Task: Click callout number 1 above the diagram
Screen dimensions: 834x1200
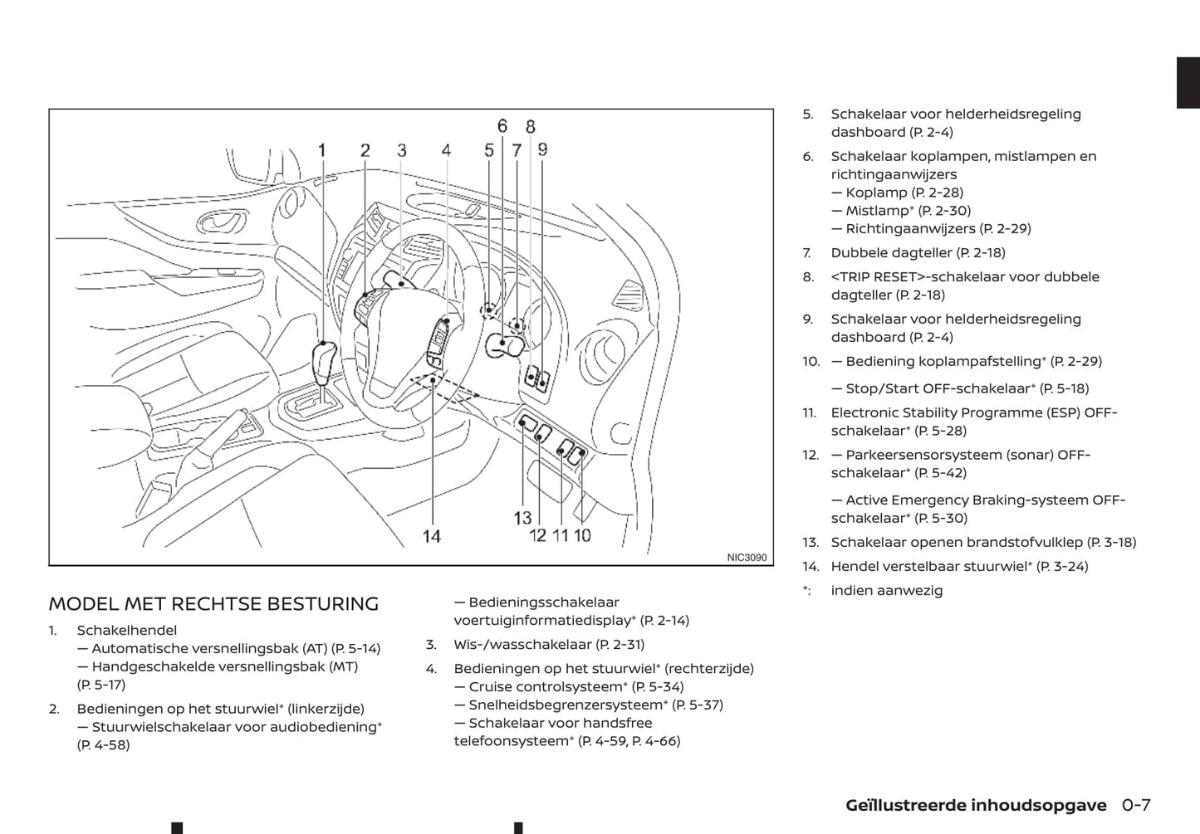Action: point(322,150)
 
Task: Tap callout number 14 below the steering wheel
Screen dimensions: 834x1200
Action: point(432,536)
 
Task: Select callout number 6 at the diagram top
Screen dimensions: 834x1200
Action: point(502,126)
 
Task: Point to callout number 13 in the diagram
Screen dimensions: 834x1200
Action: point(522,518)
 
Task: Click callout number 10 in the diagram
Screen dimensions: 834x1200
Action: point(582,536)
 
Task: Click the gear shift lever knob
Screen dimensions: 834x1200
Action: point(324,358)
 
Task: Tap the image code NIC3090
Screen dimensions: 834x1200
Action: point(747,558)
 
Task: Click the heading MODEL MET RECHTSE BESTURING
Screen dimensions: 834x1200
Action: point(213,604)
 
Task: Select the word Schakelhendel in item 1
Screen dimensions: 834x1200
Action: point(126,631)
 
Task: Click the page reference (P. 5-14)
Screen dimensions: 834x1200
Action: point(355,649)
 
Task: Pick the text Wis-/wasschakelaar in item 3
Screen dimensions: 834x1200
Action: point(522,645)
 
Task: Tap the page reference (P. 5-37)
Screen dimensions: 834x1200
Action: point(698,705)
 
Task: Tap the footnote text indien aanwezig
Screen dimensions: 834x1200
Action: point(886,591)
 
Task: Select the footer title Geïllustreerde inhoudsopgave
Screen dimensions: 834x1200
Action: point(976,806)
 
